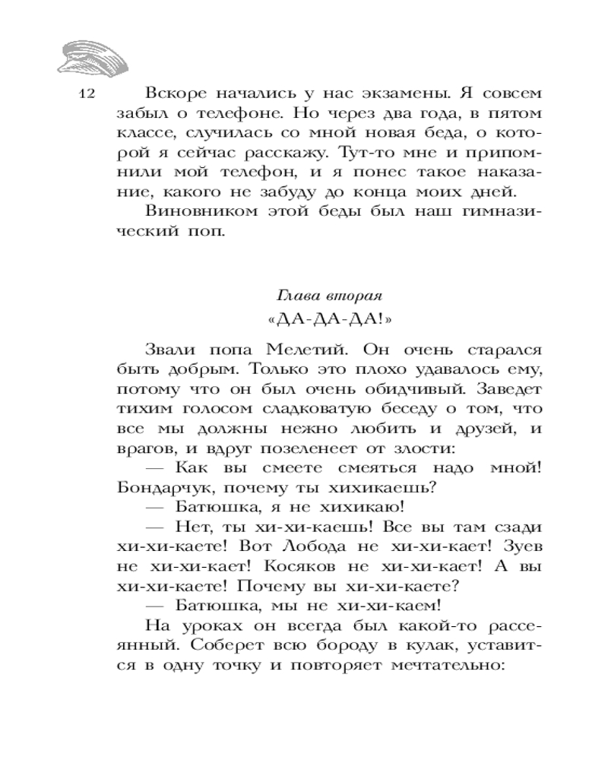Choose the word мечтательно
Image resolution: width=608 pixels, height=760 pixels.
click(x=451, y=665)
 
